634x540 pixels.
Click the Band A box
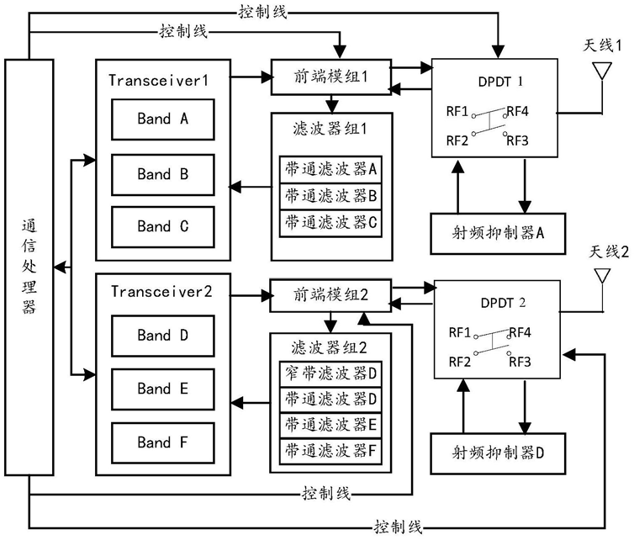[x=162, y=119]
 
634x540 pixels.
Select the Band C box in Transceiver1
[x=162, y=225]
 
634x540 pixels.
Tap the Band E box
[x=162, y=389]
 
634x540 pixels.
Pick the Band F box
[x=162, y=442]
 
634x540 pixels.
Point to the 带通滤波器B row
[x=330, y=196]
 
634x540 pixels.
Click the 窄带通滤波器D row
[x=330, y=370]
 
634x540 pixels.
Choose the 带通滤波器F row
[x=330, y=449]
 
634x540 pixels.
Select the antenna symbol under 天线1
[x=603, y=71]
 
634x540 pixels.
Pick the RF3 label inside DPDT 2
[x=520, y=361]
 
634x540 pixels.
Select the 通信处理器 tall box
[x=28, y=270]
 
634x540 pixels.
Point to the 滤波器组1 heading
[x=331, y=130]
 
